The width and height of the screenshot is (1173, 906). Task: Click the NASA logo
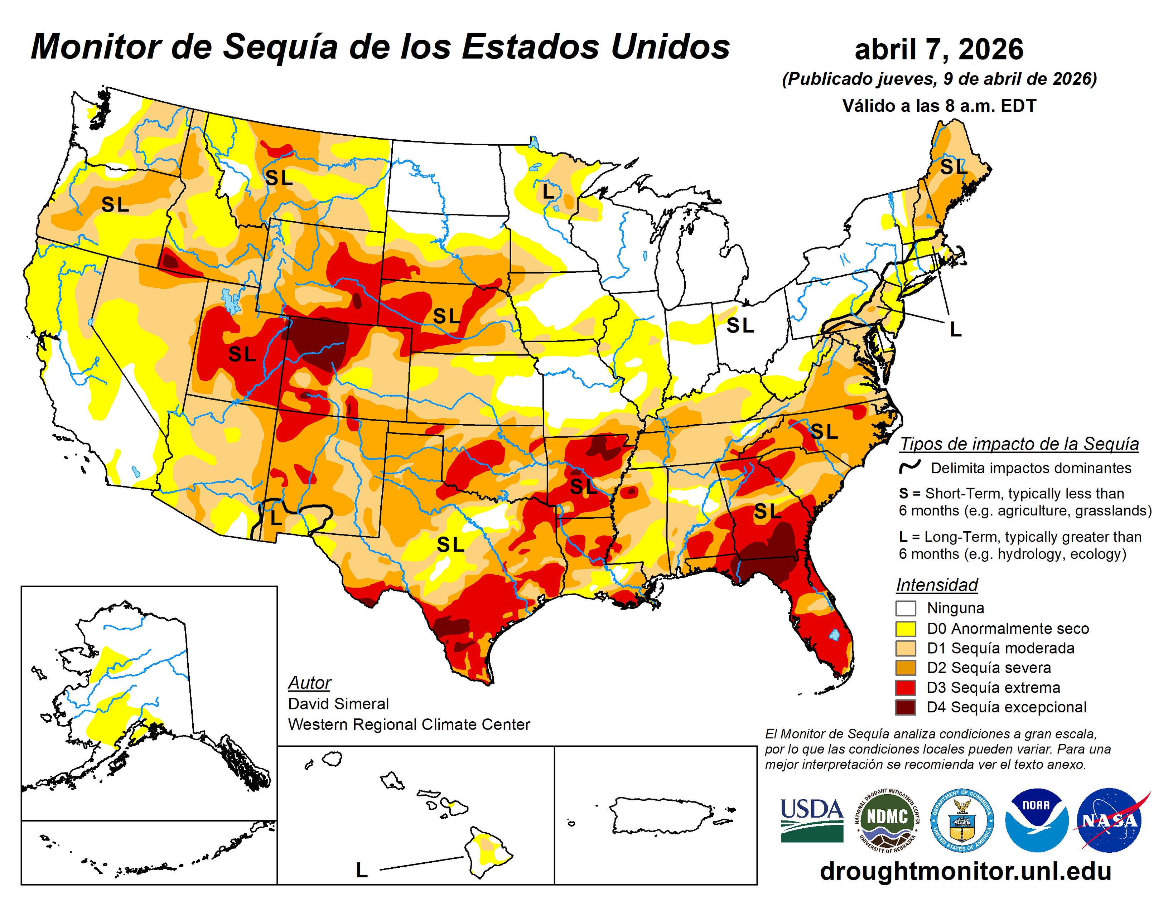[1110, 820]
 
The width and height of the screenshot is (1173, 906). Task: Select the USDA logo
[811, 820]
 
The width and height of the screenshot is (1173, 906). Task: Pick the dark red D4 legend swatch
[905, 707]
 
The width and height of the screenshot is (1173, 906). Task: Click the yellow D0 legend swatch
[905, 628]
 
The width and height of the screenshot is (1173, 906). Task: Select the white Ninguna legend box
[905, 609]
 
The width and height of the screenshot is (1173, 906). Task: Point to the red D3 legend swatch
[905, 687]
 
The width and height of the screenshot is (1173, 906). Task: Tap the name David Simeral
[338, 703]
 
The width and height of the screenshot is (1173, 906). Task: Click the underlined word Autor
[309, 683]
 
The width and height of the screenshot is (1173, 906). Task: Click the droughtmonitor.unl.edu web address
[965, 871]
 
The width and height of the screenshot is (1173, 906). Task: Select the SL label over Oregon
[115, 205]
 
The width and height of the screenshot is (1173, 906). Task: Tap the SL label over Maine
[953, 167]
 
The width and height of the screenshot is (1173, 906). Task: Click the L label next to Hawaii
[362, 870]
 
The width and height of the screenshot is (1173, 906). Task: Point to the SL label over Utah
[242, 354]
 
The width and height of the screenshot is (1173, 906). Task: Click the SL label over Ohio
[740, 325]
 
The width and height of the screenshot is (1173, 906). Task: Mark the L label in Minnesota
[548, 191]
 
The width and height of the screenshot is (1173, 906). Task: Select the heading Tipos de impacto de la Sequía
[1019, 444]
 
